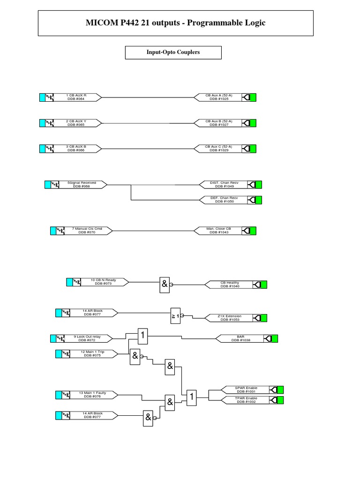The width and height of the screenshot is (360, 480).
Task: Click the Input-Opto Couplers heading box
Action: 173,52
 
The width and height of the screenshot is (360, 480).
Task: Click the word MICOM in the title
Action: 102,22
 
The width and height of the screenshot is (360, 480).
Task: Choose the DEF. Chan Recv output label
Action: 224,200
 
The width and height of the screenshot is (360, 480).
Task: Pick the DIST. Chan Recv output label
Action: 224,184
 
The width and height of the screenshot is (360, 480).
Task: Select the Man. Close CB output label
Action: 218,230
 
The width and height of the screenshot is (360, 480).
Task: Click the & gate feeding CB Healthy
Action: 165,284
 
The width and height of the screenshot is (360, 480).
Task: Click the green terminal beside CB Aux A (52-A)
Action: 253,97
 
